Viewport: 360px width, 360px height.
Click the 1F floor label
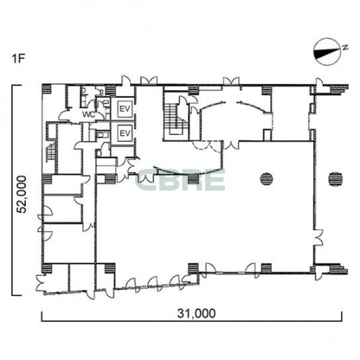point(18,58)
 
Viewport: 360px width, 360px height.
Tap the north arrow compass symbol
point(327,52)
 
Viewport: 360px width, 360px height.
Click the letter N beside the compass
point(345,47)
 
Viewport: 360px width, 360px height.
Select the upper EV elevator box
point(124,109)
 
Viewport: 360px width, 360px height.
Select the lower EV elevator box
point(124,133)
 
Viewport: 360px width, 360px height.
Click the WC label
point(89,114)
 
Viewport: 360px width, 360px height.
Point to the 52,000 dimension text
point(22,195)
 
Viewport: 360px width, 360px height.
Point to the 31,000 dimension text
point(197,313)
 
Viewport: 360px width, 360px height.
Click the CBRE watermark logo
point(180,180)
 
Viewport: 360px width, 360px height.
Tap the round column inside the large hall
point(267,179)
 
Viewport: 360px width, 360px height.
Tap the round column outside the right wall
point(336,179)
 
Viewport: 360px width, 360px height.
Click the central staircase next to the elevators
point(176,118)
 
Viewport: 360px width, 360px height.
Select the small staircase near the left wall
point(51,152)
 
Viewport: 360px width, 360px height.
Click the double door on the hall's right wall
point(319,238)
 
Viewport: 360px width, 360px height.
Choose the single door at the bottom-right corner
point(319,273)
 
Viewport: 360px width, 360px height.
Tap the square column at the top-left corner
point(47,89)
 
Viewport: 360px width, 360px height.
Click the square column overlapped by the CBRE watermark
point(193,179)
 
